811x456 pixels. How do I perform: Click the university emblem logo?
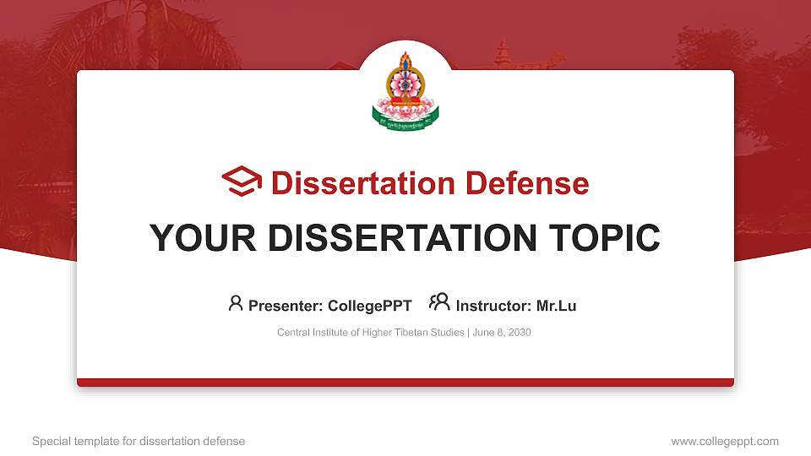click(405, 91)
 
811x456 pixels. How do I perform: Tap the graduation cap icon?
click(242, 182)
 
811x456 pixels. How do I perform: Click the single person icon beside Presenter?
click(236, 303)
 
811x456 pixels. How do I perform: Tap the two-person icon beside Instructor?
click(439, 302)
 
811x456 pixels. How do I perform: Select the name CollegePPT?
click(371, 306)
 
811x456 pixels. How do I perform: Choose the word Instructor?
click(493, 306)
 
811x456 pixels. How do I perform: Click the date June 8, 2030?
click(502, 333)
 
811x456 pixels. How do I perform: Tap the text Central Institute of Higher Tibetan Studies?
click(370, 333)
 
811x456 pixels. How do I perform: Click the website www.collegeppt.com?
click(724, 441)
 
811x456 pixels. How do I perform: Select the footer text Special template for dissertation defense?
click(139, 441)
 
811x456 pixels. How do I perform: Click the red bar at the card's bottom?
click(405, 383)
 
